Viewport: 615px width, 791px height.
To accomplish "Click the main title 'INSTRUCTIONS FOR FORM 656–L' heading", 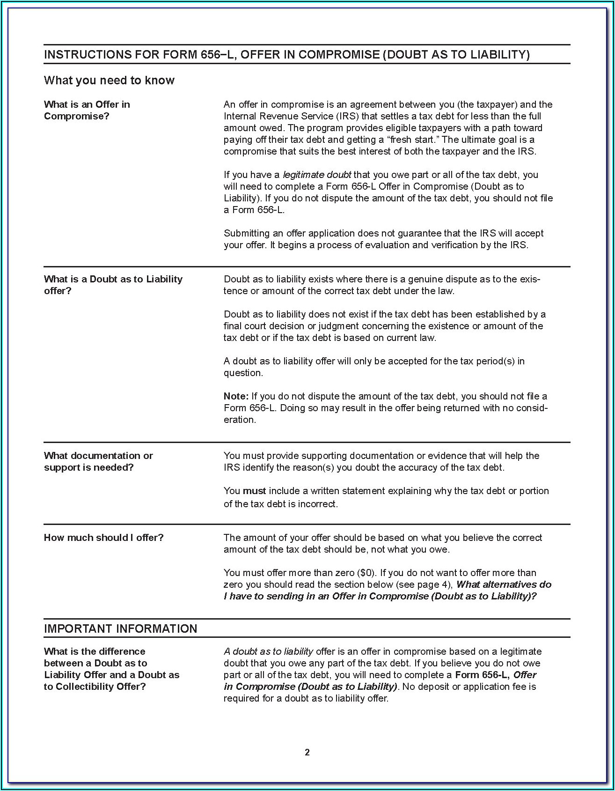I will click(x=286, y=55).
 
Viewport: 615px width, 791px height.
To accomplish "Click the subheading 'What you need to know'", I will click(x=109, y=81).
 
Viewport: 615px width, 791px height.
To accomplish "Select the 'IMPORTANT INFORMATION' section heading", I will click(x=120, y=628).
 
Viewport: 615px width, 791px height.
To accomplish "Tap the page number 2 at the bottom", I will click(x=307, y=753).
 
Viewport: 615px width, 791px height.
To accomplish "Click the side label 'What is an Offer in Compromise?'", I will click(x=87, y=110).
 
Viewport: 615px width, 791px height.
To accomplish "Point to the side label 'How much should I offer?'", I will click(x=104, y=538).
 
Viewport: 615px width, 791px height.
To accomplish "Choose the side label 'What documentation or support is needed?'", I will click(x=98, y=461).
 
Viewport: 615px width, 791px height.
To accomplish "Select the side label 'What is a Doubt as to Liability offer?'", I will click(x=113, y=285).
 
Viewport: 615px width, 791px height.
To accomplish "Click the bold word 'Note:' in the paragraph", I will click(x=236, y=396).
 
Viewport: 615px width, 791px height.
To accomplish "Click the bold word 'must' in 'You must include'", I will click(x=254, y=491).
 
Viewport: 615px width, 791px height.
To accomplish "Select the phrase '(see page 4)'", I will click(x=425, y=584).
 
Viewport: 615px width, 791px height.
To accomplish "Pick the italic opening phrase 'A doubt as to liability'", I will click(x=268, y=651).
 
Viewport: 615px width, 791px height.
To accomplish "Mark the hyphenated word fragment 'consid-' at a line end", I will click(x=532, y=408).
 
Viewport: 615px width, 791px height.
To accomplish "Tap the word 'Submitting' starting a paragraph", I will click(x=246, y=233).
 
